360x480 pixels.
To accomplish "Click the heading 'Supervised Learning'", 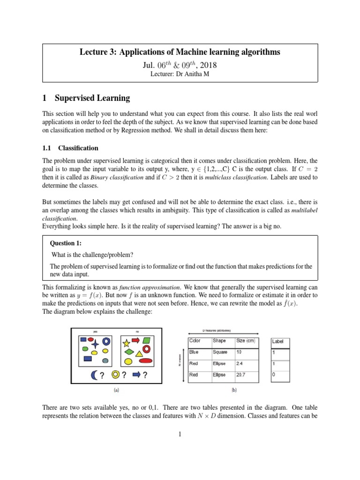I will click(x=92, y=98).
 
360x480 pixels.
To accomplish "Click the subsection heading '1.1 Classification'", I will click(x=70, y=148).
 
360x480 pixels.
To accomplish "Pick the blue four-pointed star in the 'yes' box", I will click(x=95, y=342).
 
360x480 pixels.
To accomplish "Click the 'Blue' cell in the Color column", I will click(x=194, y=352).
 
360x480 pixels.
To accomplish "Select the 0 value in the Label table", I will click(x=274, y=375).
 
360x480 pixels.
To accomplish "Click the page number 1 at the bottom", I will click(x=180, y=435).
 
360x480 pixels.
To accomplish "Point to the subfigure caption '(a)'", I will click(x=116, y=389).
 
